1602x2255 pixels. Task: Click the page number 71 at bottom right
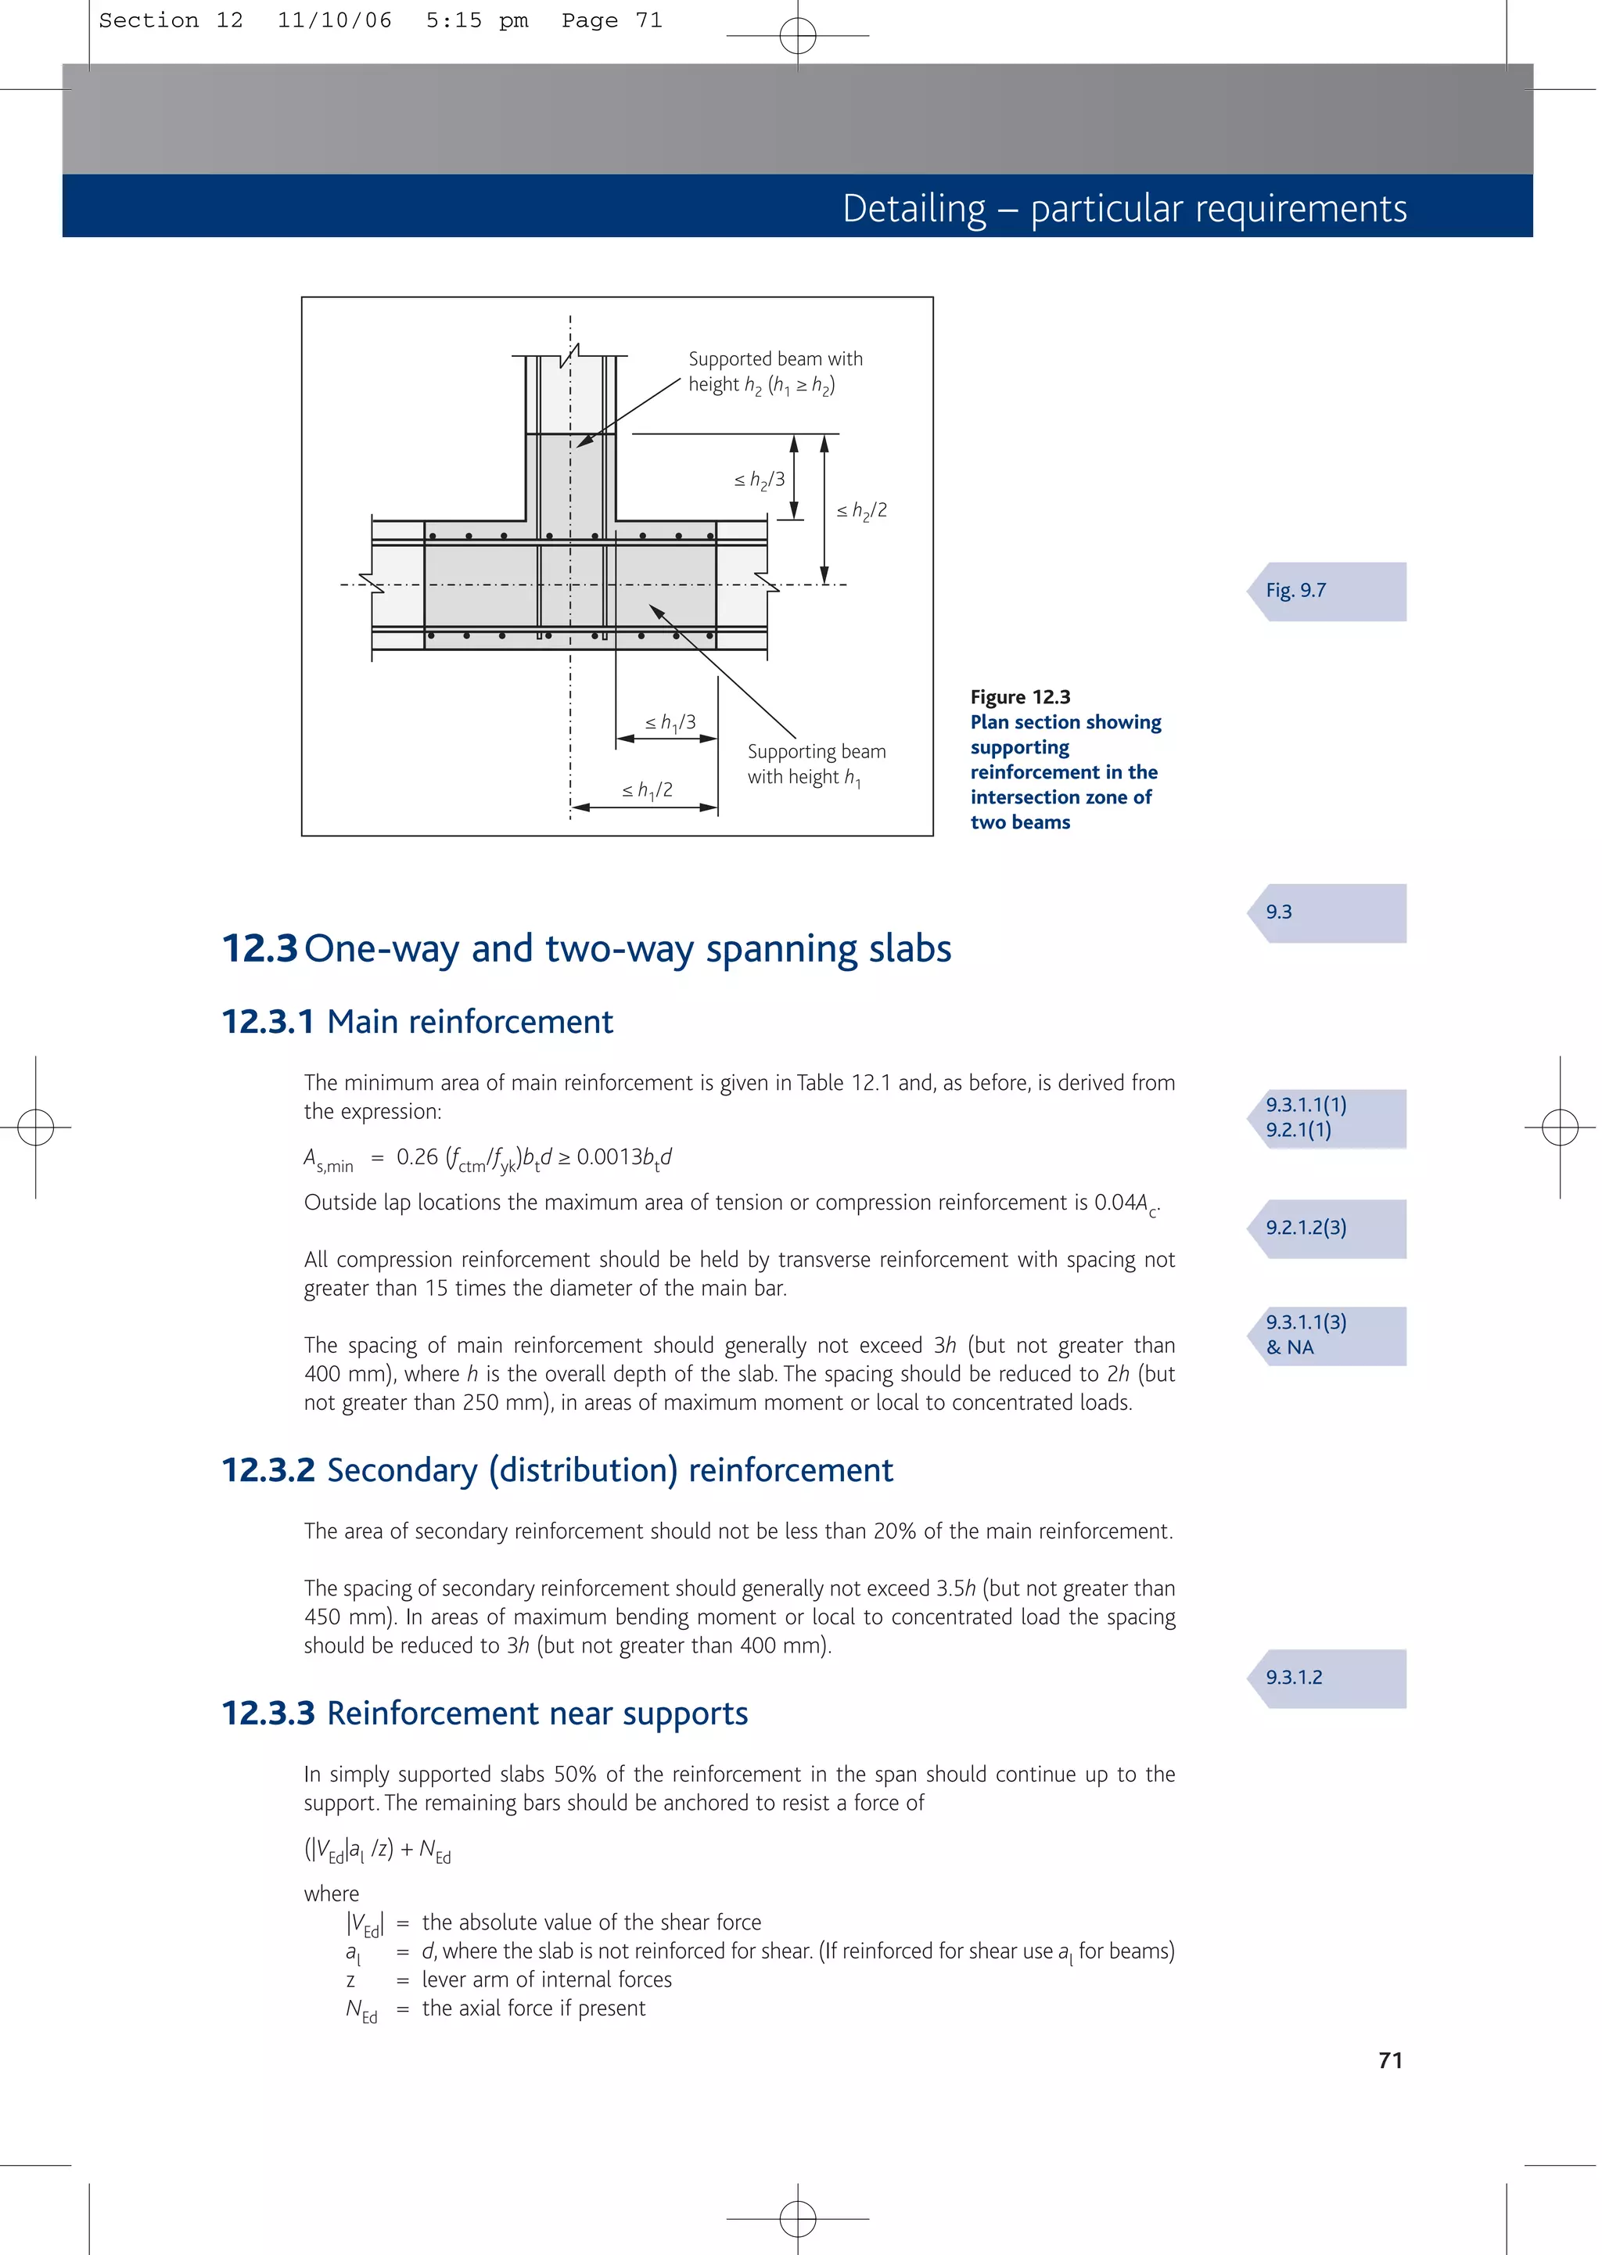coord(1390,2059)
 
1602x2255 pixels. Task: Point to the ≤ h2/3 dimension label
coord(760,480)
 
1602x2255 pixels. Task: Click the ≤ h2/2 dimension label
coord(861,510)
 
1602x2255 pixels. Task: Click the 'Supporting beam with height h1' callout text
coord(816,764)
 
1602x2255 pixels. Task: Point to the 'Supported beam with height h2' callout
coord(774,371)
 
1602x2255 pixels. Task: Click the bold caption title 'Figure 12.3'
coord(1020,696)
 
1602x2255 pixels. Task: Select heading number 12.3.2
coord(268,1469)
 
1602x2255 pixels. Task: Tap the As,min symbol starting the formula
coord(328,1159)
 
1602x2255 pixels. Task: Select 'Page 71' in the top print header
coord(612,20)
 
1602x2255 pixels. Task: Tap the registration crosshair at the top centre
coord(797,35)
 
